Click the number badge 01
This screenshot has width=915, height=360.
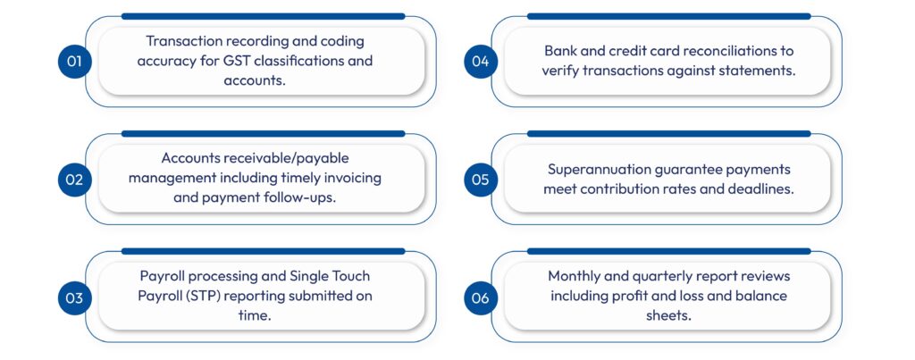point(74,62)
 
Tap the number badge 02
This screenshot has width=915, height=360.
point(74,180)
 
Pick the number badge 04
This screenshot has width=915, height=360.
point(481,62)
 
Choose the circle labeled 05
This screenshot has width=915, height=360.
point(481,180)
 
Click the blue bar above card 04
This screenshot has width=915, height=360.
point(668,16)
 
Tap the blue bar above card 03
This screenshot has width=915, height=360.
point(263,252)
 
